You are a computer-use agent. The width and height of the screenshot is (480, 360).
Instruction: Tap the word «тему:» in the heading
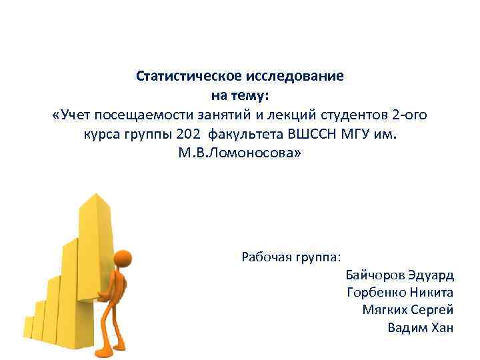tap(249, 95)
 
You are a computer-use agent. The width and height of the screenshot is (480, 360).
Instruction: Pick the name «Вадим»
tap(407, 327)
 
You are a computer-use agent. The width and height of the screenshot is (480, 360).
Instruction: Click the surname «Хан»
tap(442, 327)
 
